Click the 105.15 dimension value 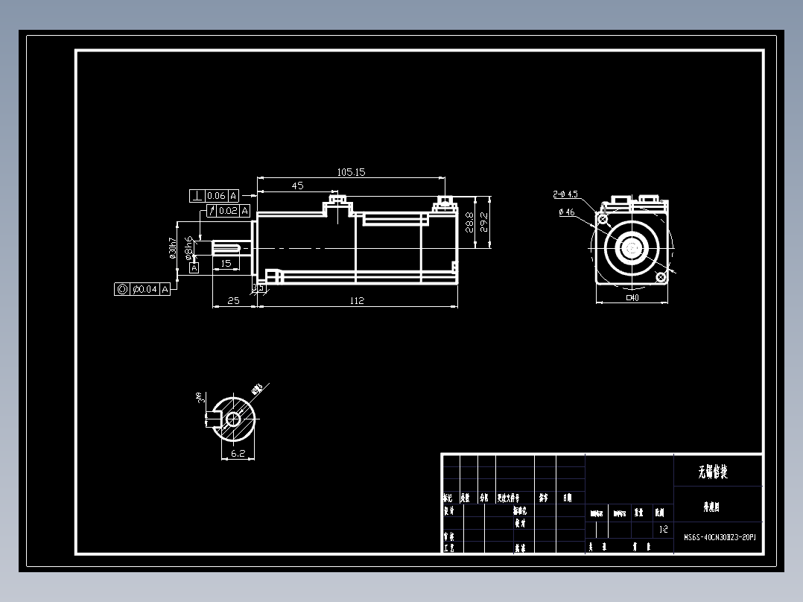pyautogui.click(x=351, y=172)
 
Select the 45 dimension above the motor pyautogui.click(x=297, y=186)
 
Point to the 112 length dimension pyautogui.click(x=356, y=301)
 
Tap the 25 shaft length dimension pyautogui.click(x=233, y=301)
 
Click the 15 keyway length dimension pyautogui.click(x=226, y=263)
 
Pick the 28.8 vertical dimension pyautogui.click(x=469, y=222)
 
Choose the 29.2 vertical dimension pyautogui.click(x=483, y=222)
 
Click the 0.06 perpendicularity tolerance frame pyautogui.click(x=215, y=196)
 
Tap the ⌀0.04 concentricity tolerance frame pyautogui.click(x=143, y=289)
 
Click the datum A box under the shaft pyautogui.click(x=194, y=267)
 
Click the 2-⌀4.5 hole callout pyautogui.click(x=566, y=194)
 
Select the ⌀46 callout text pyautogui.click(x=566, y=212)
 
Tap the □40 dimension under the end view pyautogui.click(x=632, y=298)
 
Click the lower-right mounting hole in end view pyautogui.click(x=660, y=276)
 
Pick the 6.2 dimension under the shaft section pyautogui.click(x=238, y=452)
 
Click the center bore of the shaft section pyautogui.click(x=232, y=419)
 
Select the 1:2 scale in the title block pyautogui.click(x=663, y=530)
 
